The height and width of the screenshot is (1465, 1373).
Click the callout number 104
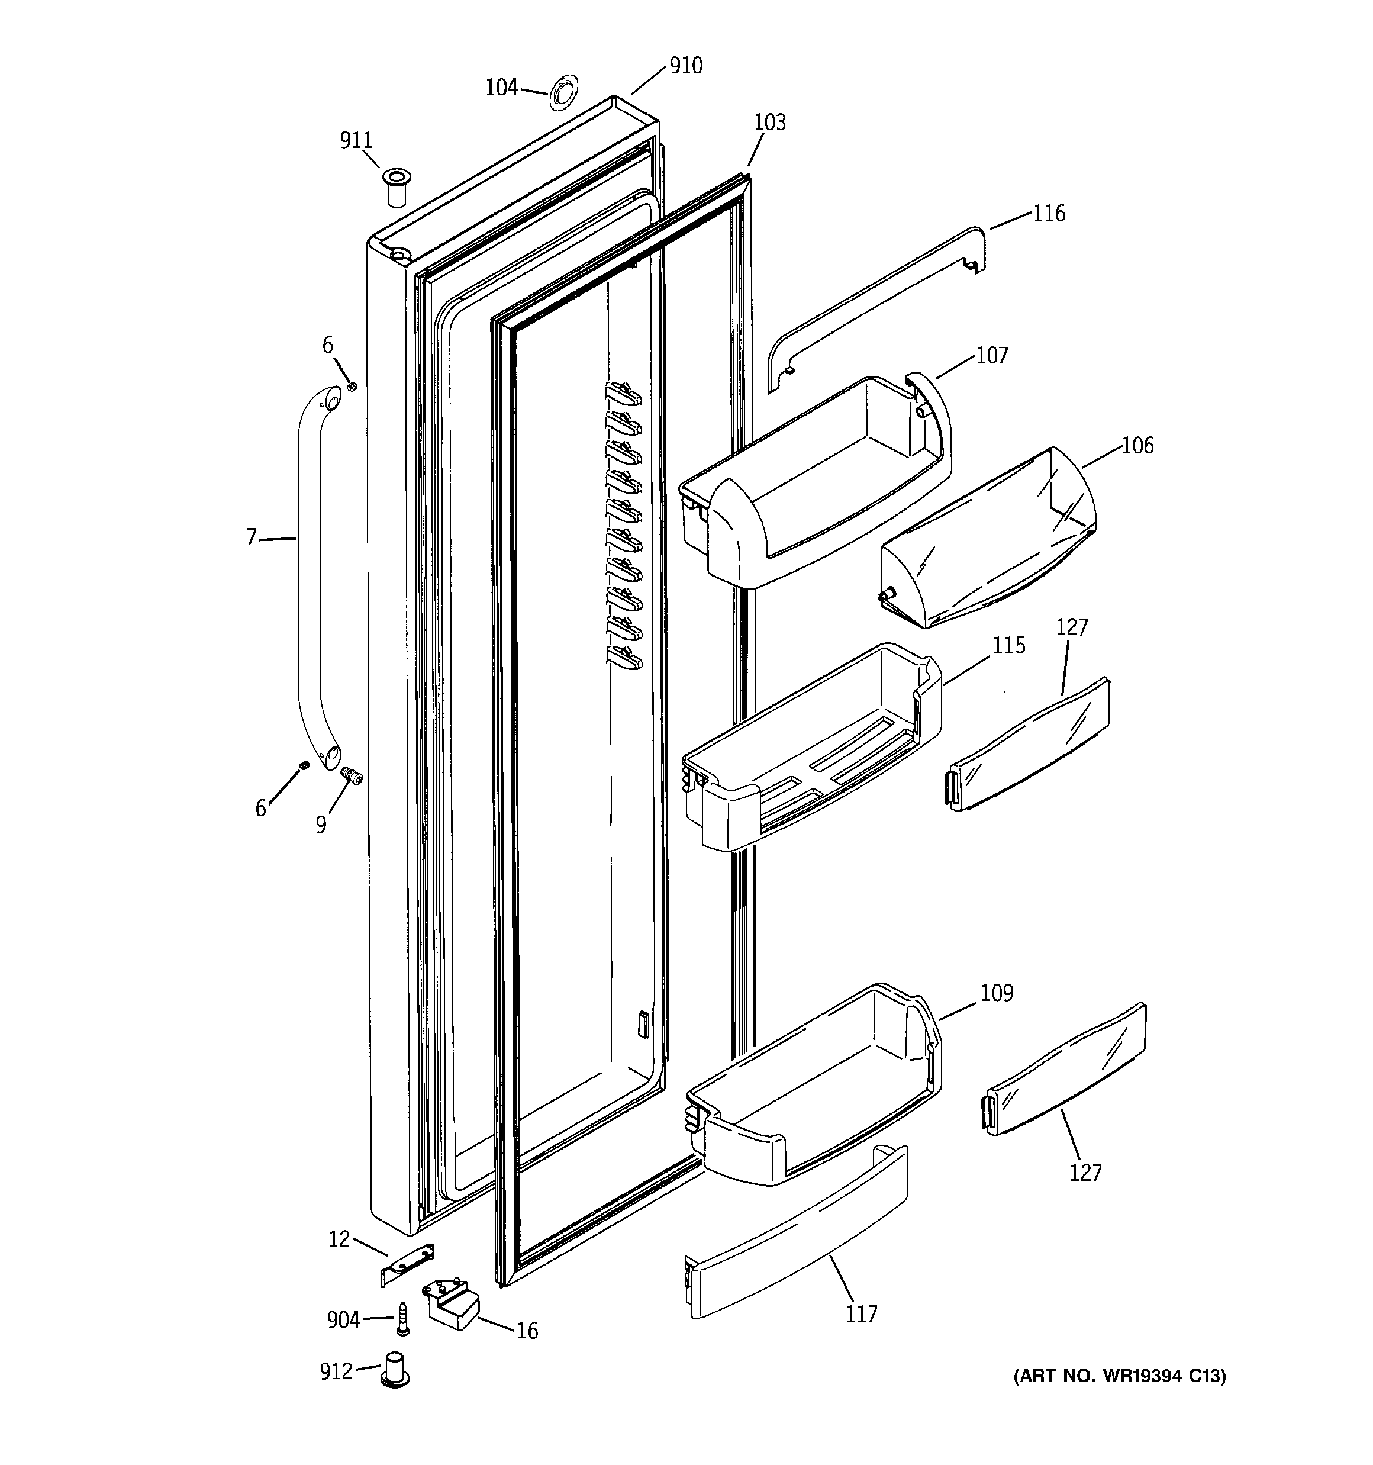coord(501,88)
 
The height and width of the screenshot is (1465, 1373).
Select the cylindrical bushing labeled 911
coord(396,187)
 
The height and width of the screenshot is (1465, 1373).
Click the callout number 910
coord(685,66)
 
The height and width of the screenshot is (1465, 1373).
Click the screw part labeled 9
coord(352,775)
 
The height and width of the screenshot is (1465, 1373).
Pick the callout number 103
coord(769,123)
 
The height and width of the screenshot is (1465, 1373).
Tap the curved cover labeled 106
coord(988,538)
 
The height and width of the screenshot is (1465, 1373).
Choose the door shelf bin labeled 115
coord(811,752)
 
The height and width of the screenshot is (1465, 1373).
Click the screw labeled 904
coord(402,1318)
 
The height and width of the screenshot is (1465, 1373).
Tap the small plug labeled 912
coord(394,1370)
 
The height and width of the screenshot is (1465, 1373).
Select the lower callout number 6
coord(260,809)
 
